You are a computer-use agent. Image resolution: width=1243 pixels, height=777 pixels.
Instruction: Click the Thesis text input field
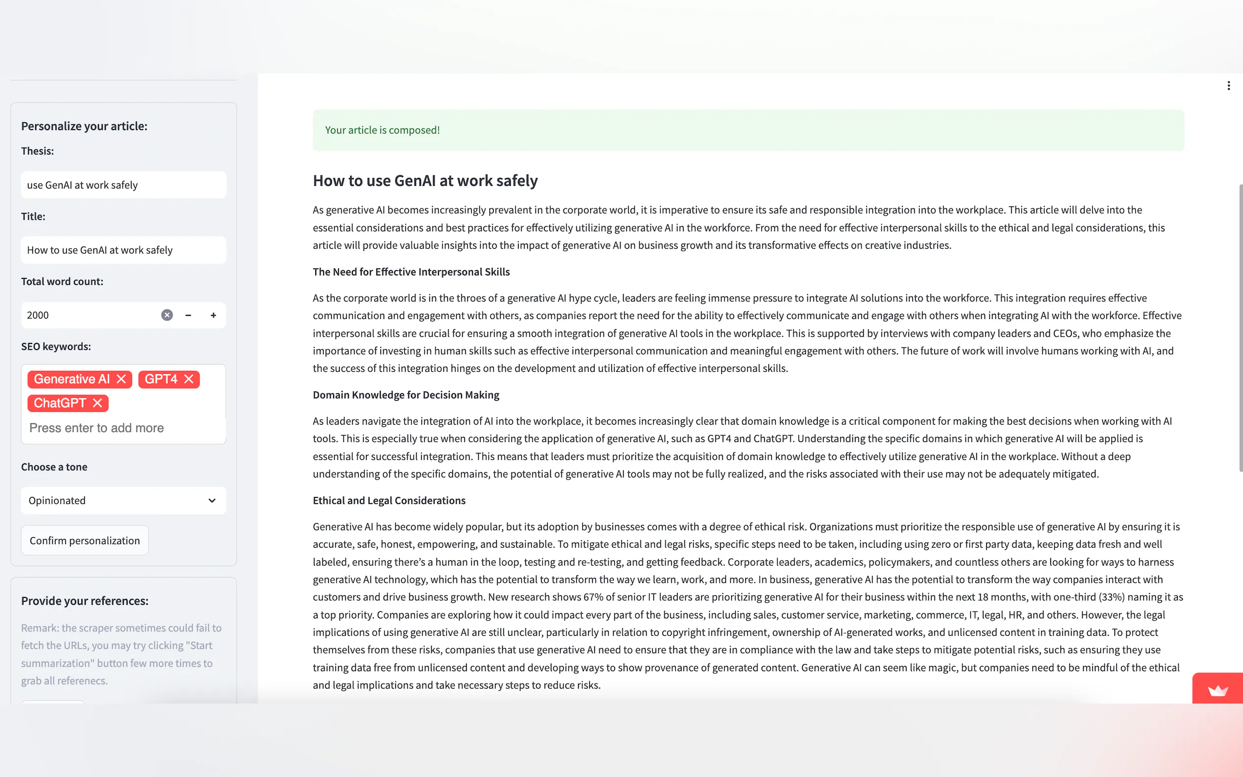click(123, 185)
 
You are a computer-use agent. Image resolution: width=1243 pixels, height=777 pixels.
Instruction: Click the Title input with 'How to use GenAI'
click(123, 250)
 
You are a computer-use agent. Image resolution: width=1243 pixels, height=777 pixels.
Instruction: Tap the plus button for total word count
click(213, 315)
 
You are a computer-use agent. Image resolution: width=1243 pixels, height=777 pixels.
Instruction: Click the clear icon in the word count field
click(167, 315)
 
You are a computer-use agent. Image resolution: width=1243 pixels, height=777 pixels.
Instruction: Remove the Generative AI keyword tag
click(121, 379)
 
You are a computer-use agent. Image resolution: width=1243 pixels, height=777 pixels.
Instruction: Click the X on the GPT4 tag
click(188, 379)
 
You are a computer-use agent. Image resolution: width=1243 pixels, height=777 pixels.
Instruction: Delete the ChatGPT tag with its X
click(97, 403)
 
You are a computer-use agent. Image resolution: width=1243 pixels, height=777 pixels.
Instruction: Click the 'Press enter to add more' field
click(96, 428)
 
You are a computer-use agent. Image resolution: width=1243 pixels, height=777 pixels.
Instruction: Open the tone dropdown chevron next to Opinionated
click(212, 501)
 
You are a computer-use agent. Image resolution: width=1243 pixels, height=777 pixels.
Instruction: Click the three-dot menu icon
click(1229, 86)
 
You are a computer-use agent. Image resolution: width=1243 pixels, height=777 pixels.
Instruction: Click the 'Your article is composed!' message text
click(382, 130)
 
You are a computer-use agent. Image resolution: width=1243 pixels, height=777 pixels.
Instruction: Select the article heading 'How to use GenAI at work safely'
click(425, 181)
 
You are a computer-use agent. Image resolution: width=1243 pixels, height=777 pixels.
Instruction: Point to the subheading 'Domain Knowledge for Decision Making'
click(406, 395)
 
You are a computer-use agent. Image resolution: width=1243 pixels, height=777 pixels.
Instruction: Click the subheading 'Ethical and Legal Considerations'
click(389, 501)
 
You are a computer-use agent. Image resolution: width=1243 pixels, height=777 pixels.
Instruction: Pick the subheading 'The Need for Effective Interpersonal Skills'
click(411, 272)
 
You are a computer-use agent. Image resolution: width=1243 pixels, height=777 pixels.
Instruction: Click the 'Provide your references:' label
click(85, 601)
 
